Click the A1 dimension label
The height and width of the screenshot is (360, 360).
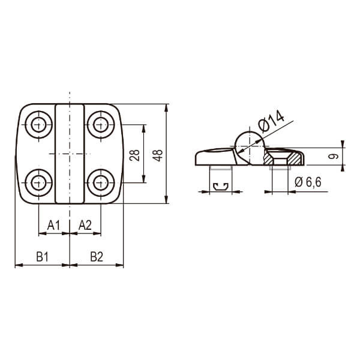click(x=53, y=225)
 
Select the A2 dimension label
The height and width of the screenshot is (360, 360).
click(x=85, y=225)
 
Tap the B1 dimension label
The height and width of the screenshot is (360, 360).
click(x=43, y=257)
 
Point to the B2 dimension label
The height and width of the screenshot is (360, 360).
click(x=97, y=257)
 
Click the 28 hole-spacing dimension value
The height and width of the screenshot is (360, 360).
click(x=134, y=155)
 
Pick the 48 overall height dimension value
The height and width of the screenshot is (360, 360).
click(x=158, y=155)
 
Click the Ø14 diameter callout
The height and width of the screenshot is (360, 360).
click(x=271, y=121)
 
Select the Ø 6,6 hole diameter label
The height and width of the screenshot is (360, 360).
click(x=308, y=182)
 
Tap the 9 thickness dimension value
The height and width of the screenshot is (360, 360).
click(x=334, y=157)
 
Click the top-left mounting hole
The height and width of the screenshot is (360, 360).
click(x=38, y=125)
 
